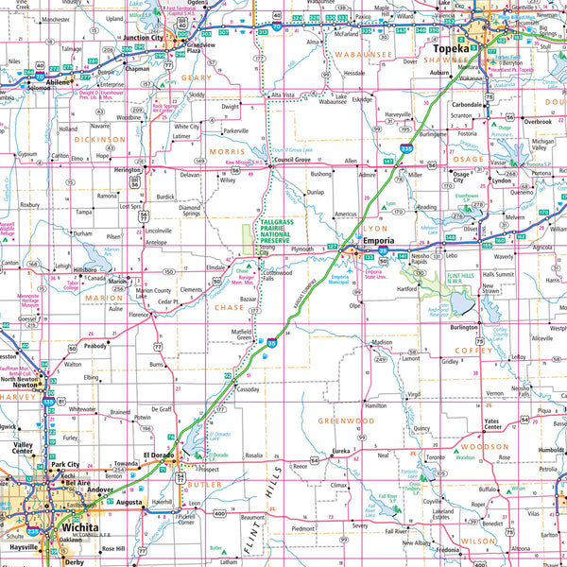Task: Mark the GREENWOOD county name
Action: tap(346, 421)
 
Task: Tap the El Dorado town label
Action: tap(161, 457)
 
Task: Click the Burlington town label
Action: tap(464, 327)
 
